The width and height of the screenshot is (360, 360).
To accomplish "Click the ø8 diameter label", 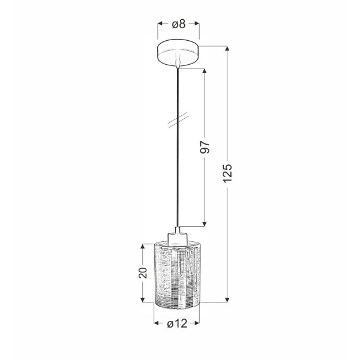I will click(178, 24).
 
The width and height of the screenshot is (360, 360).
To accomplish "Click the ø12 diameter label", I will click(178, 324).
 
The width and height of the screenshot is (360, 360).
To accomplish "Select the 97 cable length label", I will click(204, 147).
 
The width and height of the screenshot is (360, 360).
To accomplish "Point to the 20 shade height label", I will click(142, 273).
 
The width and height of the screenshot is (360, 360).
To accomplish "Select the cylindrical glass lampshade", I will click(178, 273).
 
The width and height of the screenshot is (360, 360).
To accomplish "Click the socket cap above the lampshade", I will click(178, 234).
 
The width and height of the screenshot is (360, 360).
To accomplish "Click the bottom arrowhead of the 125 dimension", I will click(228, 300).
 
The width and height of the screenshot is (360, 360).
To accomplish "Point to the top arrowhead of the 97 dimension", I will click(204, 70).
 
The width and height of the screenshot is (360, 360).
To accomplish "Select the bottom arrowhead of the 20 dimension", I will click(142, 300).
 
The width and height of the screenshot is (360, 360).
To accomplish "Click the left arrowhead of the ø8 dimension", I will click(160, 24).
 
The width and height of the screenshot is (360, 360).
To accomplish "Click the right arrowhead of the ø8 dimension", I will click(197, 24).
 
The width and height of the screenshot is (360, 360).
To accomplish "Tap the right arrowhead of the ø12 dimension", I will click(203, 324).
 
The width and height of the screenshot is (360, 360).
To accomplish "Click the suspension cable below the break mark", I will click(178, 180).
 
